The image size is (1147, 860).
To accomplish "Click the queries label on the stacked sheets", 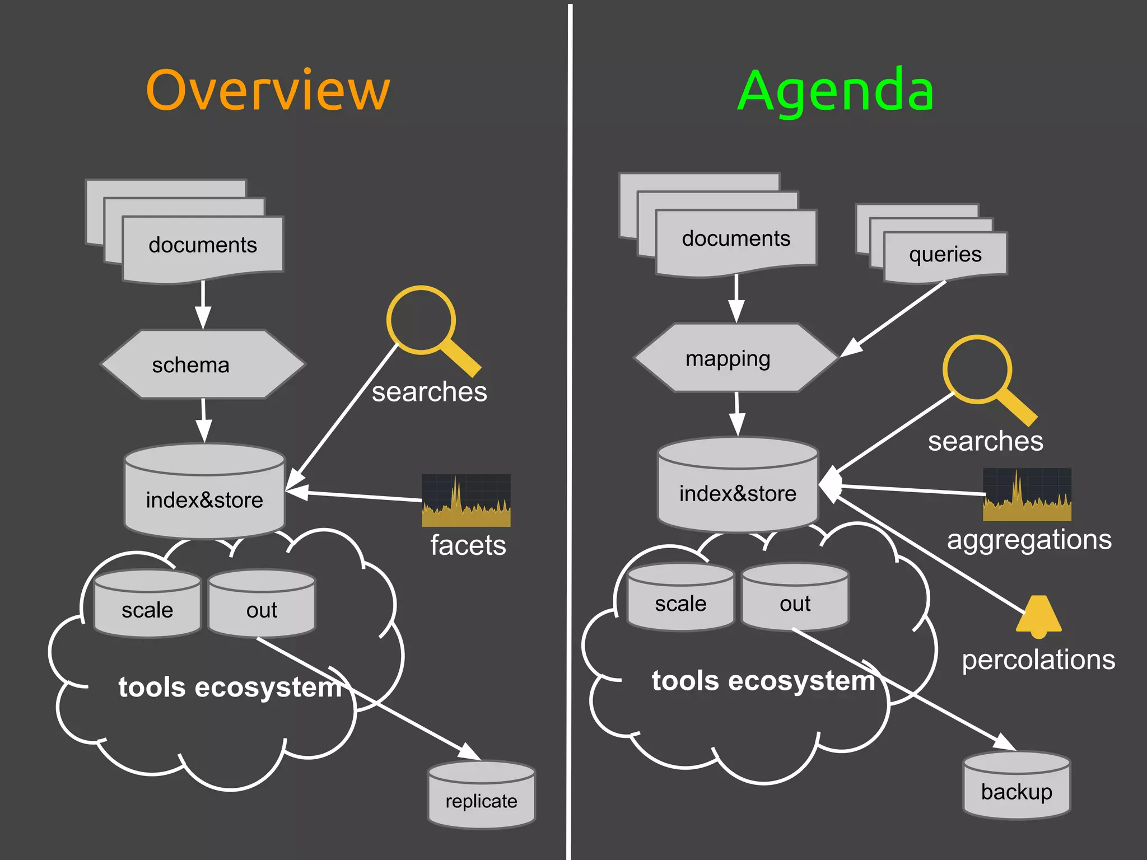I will coord(945,254).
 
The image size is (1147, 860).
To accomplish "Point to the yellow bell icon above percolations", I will coord(1038,616).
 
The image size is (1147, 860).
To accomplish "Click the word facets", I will coord(468,545).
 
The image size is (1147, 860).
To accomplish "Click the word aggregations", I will coord(1029,540).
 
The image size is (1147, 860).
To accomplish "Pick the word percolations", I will coord(1038,660).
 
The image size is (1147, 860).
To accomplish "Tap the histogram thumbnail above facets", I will coord(466,501).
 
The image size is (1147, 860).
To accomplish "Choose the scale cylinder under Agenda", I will coord(680,598).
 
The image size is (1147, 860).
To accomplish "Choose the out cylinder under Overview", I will coord(262,605).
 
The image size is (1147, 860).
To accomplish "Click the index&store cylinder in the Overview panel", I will coord(204,493).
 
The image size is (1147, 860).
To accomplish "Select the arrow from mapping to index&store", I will coord(737,414).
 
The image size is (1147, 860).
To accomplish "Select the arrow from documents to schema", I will coord(203,305).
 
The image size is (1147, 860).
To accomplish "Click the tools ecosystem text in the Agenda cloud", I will coord(763,681).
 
